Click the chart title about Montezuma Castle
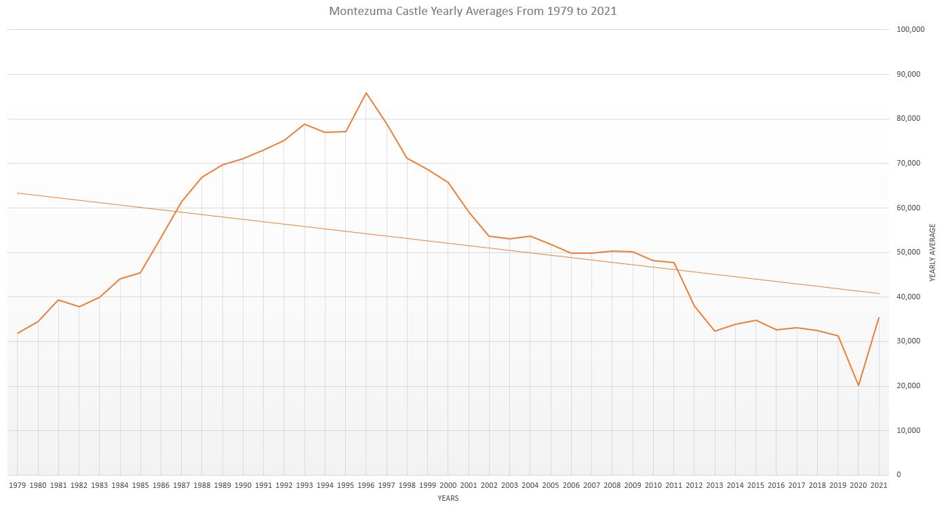pos(473,12)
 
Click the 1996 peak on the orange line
pos(366,93)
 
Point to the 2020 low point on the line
pos(859,385)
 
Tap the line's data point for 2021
pos(879,318)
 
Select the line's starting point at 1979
pos(18,333)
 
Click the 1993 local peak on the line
pos(304,124)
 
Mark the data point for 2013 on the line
pos(715,331)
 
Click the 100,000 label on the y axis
pos(910,30)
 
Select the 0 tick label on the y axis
pos(899,475)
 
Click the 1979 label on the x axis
pos(18,486)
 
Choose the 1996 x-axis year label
pos(366,486)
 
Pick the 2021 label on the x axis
pos(879,486)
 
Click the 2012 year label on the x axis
pos(694,486)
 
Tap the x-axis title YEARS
pos(448,499)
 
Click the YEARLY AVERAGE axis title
pos(932,252)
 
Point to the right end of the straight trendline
pos(879,293)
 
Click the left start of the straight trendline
pos(18,193)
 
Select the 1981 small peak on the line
pos(58,300)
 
